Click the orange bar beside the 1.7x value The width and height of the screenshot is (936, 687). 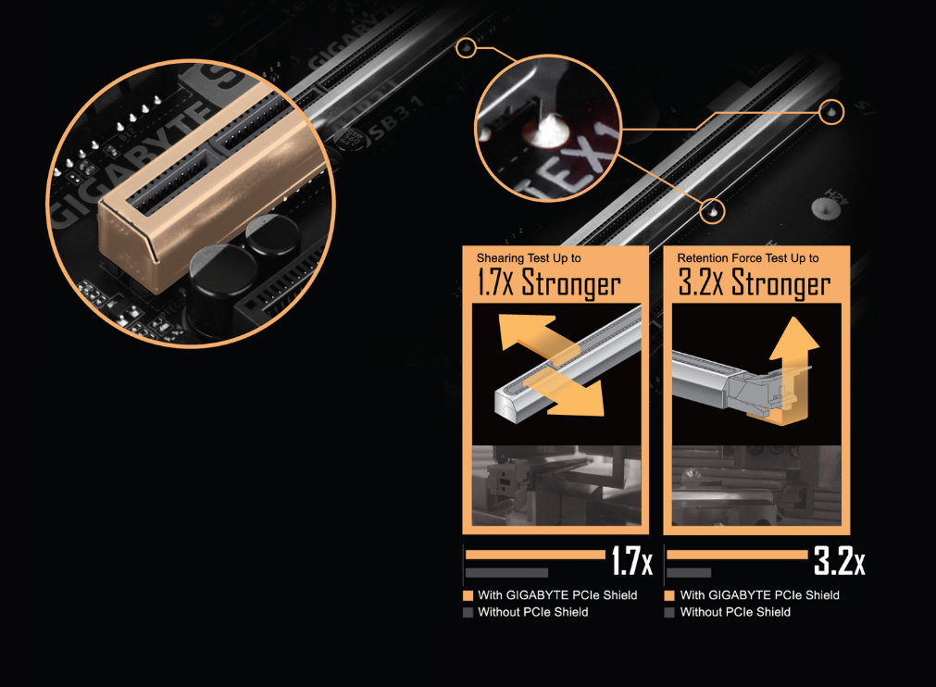pyautogui.click(x=534, y=555)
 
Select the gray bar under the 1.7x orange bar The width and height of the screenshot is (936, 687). pyautogui.click(x=506, y=572)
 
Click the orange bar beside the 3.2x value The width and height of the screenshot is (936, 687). pyautogui.click(x=736, y=555)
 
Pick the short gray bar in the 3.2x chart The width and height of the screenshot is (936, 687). pyautogui.click(x=688, y=572)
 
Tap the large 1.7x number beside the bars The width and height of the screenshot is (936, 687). pyautogui.click(x=630, y=562)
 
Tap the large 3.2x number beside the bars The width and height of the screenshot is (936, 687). pyautogui.click(x=839, y=562)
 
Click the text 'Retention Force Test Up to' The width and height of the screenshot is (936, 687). pyautogui.click(x=748, y=257)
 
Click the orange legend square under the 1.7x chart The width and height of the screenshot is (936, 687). pyautogui.click(x=468, y=595)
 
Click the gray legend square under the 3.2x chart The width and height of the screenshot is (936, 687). pyautogui.click(x=669, y=612)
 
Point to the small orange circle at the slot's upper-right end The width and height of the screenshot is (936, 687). pyautogui.click(x=831, y=111)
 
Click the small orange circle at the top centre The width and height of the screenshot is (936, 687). pyautogui.click(x=468, y=47)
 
